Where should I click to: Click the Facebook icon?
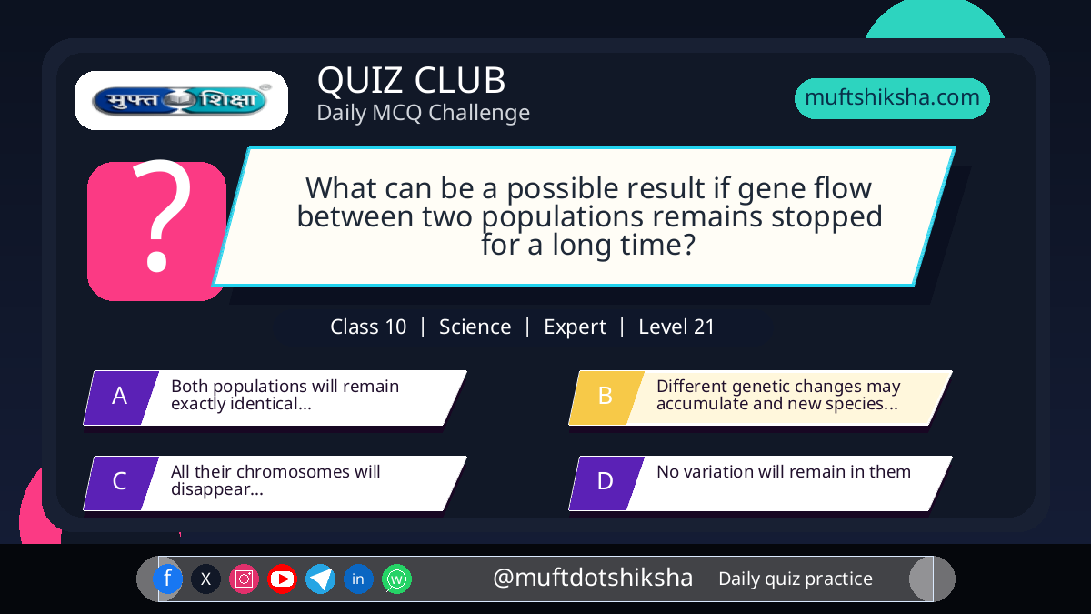(167, 579)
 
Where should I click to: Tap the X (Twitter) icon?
(205, 579)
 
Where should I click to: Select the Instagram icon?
(244, 579)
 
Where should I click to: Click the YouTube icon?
(282, 579)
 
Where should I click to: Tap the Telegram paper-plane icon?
(320, 579)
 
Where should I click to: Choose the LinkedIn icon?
(358, 579)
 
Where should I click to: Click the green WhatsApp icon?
(396, 579)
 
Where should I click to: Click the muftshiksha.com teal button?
(892, 98)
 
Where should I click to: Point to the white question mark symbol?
(163, 215)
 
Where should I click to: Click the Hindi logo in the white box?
(181, 100)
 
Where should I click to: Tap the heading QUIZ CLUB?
(412, 80)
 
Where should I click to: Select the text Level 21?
(676, 327)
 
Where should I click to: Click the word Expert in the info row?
(575, 327)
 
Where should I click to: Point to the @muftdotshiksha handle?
(593, 578)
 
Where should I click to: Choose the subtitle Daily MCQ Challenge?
(424, 113)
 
